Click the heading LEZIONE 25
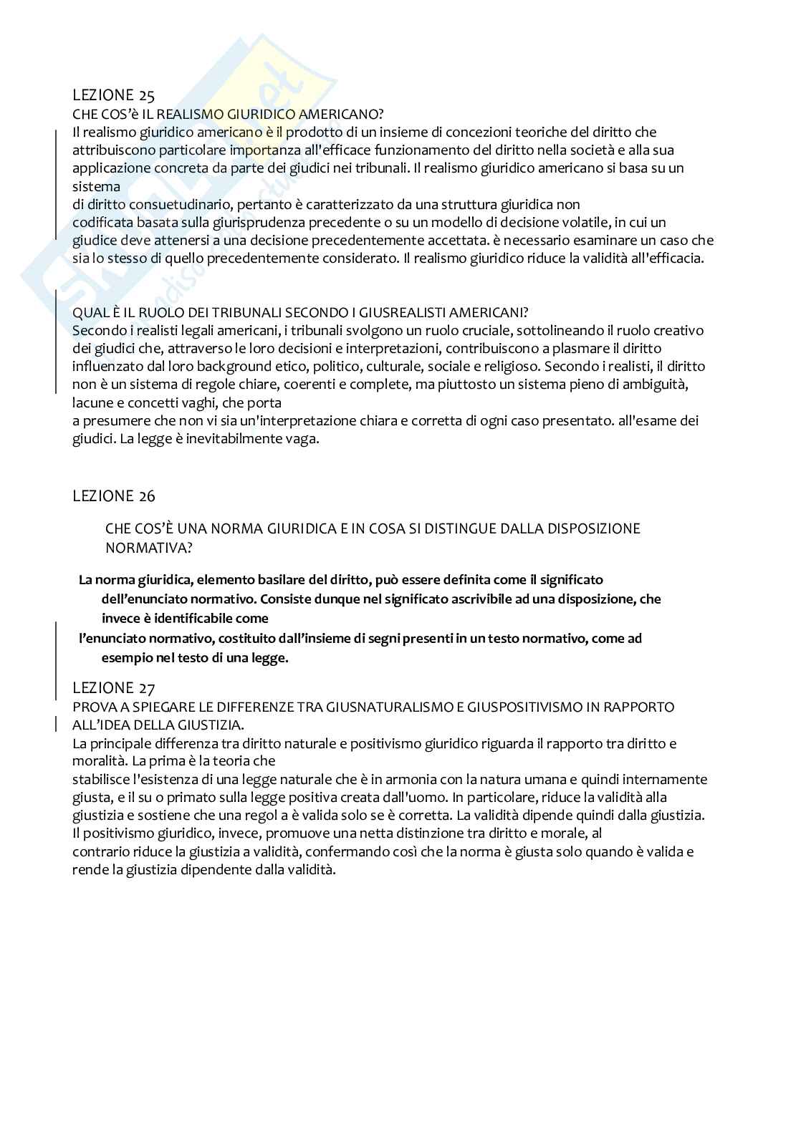point(114,95)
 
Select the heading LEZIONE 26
point(114,495)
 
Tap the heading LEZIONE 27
point(114,688)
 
